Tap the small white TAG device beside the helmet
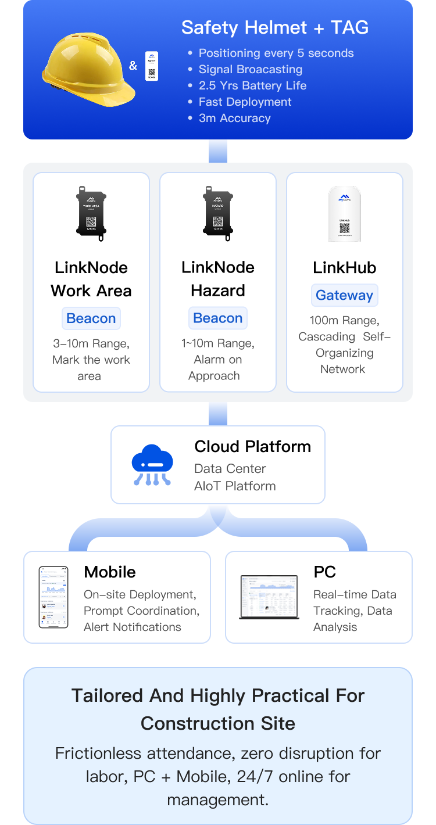152,66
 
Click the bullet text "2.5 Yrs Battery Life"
252,85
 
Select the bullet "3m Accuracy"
234,118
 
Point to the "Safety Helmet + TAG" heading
275,27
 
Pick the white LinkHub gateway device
345,214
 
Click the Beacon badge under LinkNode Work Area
91,318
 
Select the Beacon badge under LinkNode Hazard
218,318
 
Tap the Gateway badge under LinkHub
345,295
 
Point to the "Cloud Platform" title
252,446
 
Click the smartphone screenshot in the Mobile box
53,597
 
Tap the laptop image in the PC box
269,597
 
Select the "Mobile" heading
110,572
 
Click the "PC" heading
324,572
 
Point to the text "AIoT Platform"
235,486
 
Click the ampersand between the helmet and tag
133,66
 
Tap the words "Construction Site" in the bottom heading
218,723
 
